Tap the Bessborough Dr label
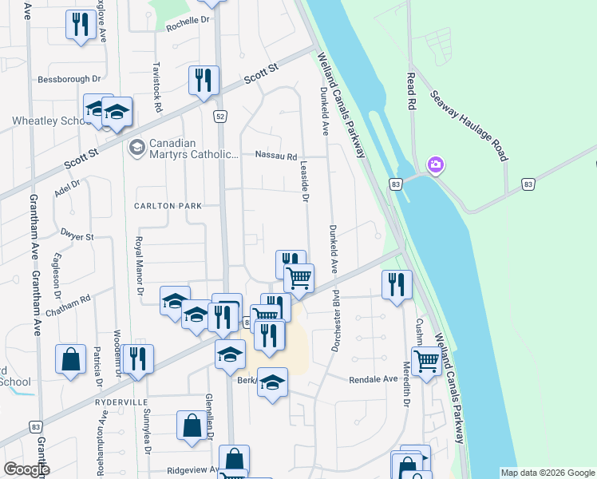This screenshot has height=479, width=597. click(x=69, y=80)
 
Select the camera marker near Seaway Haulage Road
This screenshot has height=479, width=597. click(x=436, y=166)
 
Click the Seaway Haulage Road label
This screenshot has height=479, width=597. click(x=469, y=126)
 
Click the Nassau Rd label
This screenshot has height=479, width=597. click(x=275, y=156)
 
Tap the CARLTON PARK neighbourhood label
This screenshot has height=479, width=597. click(x=168, y=206)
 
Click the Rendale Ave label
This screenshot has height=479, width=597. click(x=373, y=379)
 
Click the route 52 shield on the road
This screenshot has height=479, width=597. click(x=219, y=117)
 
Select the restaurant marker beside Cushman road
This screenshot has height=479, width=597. click(x=397, y=284)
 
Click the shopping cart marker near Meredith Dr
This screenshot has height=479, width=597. click(x=427, y=360)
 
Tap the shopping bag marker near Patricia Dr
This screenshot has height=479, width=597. click(x=70, y=358)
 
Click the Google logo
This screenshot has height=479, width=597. click(x=26, y=469)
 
